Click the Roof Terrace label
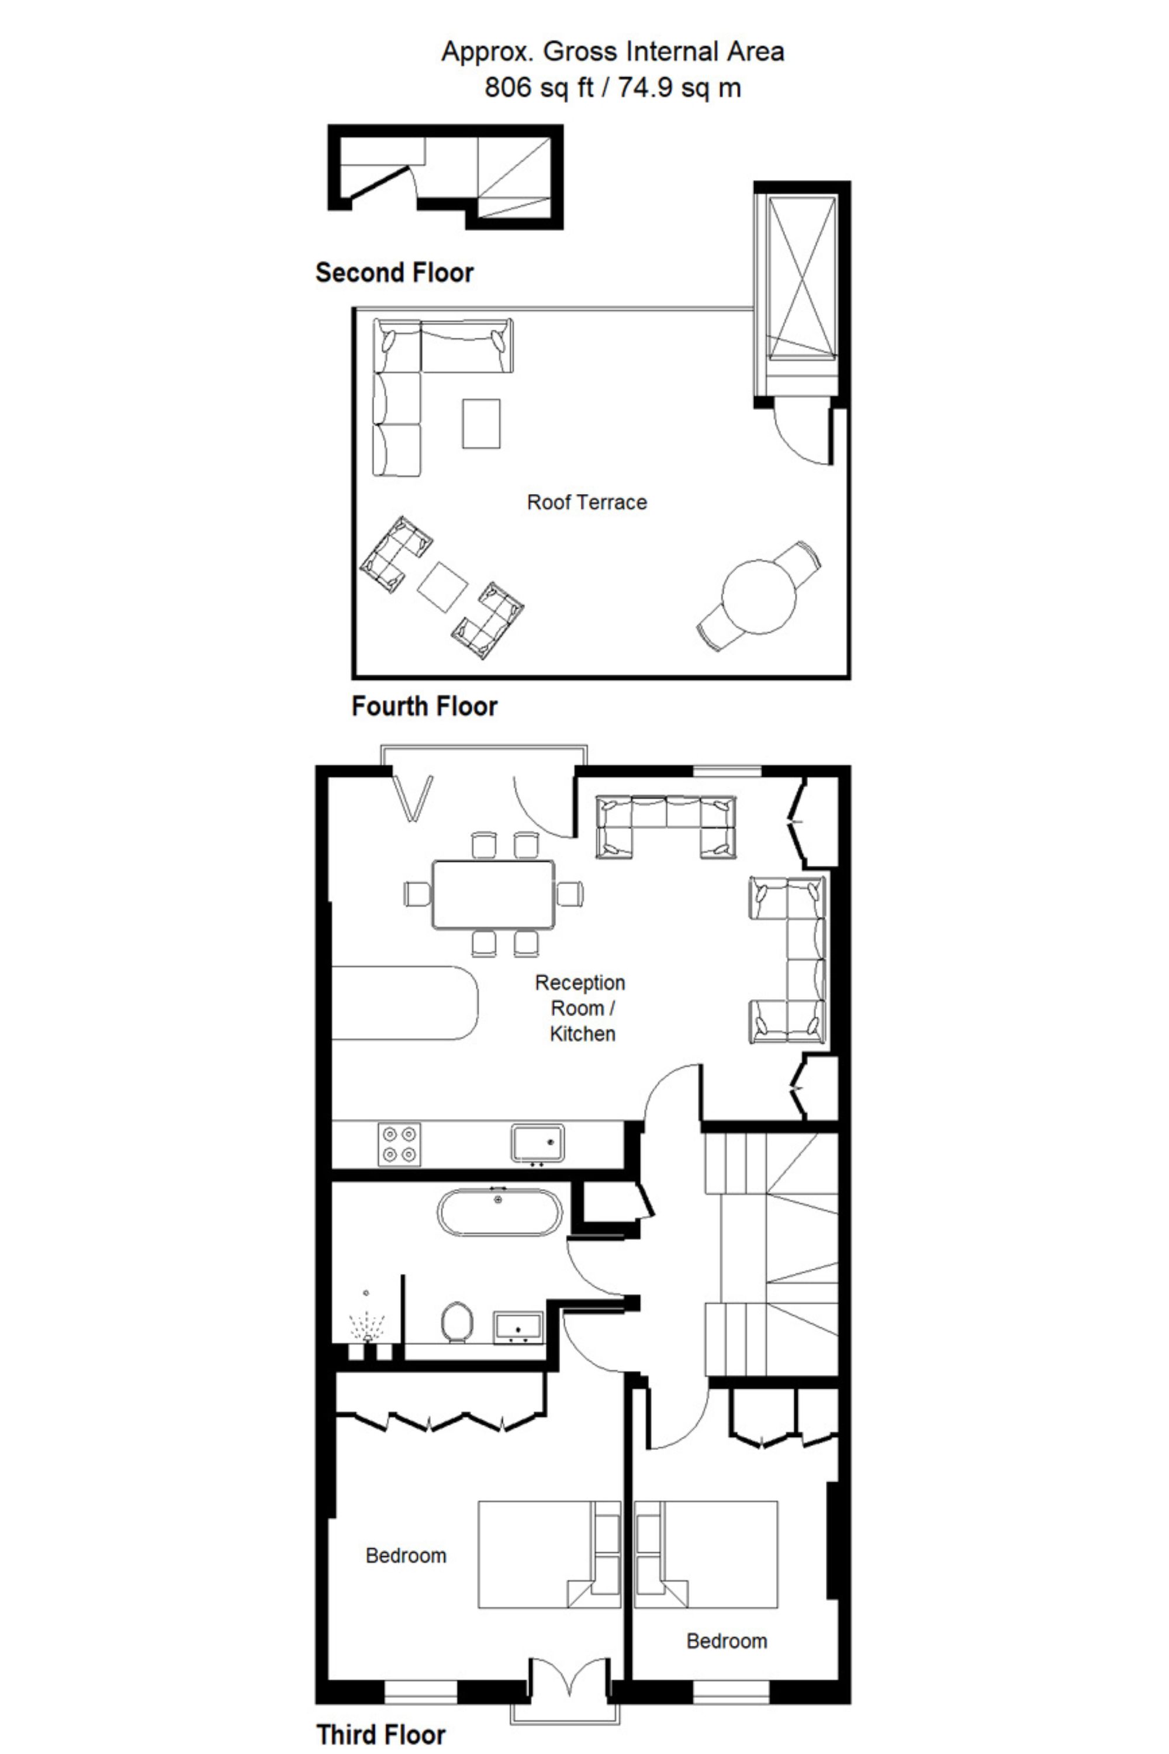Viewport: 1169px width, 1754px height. pyautogui.click(x=587, y=503)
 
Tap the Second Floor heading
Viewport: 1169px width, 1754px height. pyautogui.click(x=395, y=273)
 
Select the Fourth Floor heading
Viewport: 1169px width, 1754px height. pyautogui.click(x=424, y=706)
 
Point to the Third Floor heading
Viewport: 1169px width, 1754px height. pyautogui.click(x=381, y=1734)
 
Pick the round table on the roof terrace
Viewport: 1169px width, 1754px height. pyautogui.click(x=759, y=596)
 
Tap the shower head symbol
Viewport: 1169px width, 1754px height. pyautogui.click(x=367, y=1327)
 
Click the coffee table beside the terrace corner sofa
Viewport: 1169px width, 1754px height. pyautogui.click(x=481, y=423)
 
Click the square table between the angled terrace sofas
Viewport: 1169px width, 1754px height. pyautogui.click(x=442, y=586)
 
